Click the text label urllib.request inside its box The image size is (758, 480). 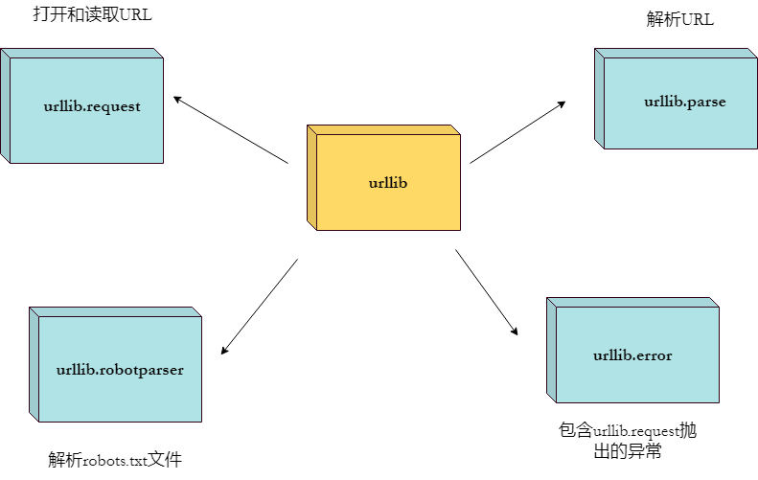point(92,106)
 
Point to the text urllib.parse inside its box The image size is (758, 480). point(685,102)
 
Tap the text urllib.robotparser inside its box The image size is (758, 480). point(120,369)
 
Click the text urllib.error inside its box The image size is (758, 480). point(632,355)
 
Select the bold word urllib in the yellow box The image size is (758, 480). point(388,182)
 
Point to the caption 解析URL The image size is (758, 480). point(680,20)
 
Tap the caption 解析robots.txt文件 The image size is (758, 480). point(115,460)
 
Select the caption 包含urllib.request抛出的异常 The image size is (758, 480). point(628,440)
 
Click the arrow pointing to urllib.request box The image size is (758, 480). point(230,128)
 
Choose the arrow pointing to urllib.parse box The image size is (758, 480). point(517,132)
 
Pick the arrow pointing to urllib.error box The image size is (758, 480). point(486,292)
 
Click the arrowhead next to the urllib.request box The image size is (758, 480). point(176,97)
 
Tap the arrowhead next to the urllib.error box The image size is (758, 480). point(515,331)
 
